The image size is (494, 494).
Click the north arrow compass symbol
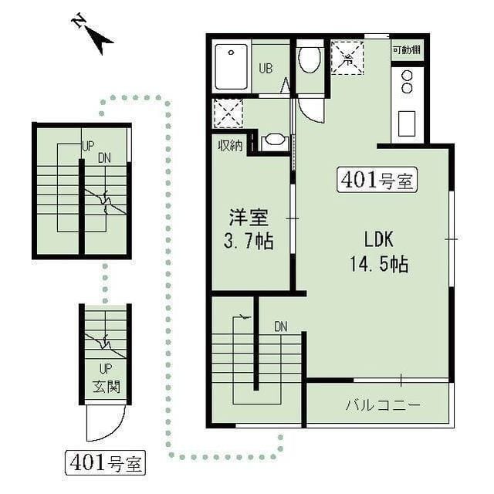pos(93,34)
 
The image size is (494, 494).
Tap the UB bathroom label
pos(266,68)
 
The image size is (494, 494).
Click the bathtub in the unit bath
pos(231,67)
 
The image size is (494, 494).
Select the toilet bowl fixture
pos(309,60)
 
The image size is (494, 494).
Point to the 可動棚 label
pos(407,49)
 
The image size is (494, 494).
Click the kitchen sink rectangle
pos(407,123)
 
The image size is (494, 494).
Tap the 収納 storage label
pos(231,146)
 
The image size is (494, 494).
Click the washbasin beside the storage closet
pos(274,140)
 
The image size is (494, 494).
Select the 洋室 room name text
pos(249,218)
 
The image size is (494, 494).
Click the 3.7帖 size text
pos(249,242)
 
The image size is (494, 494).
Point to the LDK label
pos(379,239)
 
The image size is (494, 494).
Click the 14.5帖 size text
pos(379,264)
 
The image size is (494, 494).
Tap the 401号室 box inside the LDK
pos(377,180)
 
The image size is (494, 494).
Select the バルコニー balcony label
pos(383,405)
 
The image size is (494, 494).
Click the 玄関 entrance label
pos(107,387)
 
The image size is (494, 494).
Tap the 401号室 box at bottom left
pos(105,463)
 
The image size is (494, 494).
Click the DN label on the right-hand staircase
pos(281,327)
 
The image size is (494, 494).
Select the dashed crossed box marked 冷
pos(347,58)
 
